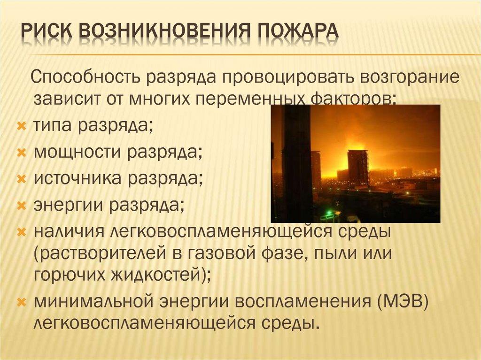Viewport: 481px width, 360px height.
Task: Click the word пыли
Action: [334, 253]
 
